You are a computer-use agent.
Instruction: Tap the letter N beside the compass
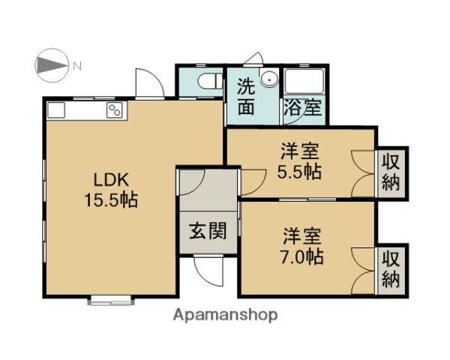77,67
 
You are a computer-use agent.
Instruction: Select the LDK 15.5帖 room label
113,190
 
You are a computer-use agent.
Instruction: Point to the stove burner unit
116,111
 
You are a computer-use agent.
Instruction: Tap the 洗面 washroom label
246,96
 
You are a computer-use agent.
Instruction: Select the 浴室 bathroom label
302,107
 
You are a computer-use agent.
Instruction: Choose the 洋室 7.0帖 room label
303,246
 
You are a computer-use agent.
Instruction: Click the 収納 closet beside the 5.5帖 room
391,172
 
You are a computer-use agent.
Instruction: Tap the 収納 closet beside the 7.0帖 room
391,269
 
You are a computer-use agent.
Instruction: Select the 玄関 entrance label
208,232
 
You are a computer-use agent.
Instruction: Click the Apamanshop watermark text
226,315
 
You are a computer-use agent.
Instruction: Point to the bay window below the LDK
110,301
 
